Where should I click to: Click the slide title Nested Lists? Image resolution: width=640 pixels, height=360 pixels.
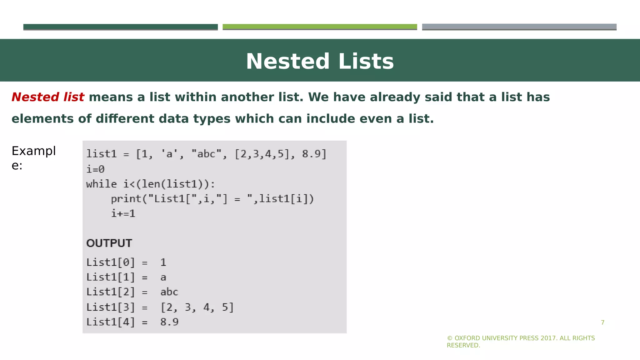coord(320,61)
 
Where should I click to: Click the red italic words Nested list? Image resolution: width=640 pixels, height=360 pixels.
coord(48,97)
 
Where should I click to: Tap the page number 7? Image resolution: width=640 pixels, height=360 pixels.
coord(602,322)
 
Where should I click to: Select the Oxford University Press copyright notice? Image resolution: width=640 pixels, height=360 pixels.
coord(521,342)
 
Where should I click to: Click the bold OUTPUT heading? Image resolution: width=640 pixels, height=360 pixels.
coord(109,243)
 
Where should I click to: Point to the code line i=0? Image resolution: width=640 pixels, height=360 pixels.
coord(95,169)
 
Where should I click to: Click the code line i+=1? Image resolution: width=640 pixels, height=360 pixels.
coord(123,213)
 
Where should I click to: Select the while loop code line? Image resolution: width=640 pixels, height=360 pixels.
coord(151,184)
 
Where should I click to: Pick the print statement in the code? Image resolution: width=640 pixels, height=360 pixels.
coord(212,199)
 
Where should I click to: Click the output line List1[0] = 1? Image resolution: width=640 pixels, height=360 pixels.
coord(126,262)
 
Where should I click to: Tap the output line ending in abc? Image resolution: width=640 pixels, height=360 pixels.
coord(132,292)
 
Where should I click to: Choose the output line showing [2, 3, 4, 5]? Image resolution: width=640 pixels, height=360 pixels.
coord(160,307)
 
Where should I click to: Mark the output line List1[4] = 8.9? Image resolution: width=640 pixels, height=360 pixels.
coord(132,322)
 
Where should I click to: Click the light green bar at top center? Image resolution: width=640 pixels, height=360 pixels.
coord(320,27)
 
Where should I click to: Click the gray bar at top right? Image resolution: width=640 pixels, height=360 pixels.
coord(519,27)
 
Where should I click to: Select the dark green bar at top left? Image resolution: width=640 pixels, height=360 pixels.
coord(120,27)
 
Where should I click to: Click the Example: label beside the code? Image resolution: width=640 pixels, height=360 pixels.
coord(33,158)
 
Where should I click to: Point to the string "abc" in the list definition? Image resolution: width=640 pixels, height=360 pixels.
coord(206,154)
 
